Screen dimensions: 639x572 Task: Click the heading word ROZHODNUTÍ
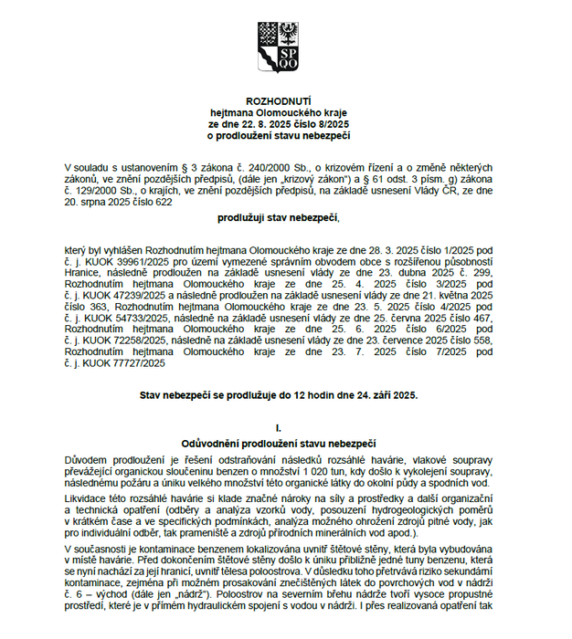tap(278, 99)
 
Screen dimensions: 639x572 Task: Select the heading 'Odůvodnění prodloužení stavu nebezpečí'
tap(278, 443)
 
